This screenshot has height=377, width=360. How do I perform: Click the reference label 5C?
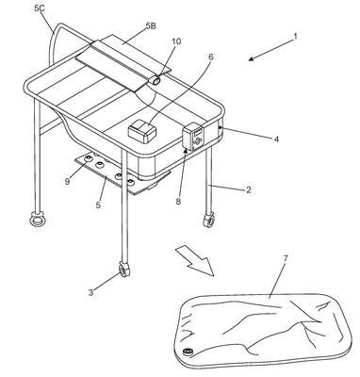[x=40, y=8]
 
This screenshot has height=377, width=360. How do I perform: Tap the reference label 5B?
[x=151, y=26]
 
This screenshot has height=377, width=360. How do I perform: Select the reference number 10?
[x=176, y=41]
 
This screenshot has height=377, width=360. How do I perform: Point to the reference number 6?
[x=211, y=57]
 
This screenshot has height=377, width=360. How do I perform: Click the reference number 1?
[x=295, y=37]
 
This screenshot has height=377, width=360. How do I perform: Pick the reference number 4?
[x=276, y=139]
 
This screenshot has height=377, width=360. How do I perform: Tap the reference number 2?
[x=249, y=189]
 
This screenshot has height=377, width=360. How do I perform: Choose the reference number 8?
[x=178, y=202]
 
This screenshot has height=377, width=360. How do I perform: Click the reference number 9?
[x=67, y=181]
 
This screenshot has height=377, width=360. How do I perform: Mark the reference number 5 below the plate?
[x=98, y=205]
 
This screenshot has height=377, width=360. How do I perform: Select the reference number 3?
[x=90, y=293]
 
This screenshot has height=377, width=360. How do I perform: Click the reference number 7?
[x=286, y=258]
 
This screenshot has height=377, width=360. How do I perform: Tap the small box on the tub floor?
[x=143, y=132]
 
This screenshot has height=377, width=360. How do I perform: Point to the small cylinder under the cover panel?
[x=155, y=80]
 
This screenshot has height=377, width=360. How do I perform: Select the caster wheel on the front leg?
[x=124, y=270]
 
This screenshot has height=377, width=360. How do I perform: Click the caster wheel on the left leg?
[x=38, y=219]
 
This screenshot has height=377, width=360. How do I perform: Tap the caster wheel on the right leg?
[x=209, y=220]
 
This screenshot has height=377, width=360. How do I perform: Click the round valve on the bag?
[x=188, y=352]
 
